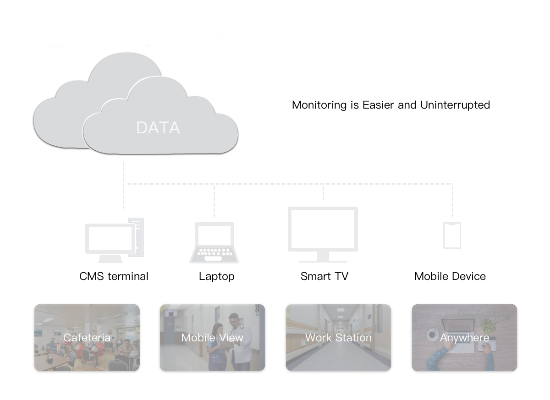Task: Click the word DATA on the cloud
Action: (158, 128)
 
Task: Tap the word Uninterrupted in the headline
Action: (455, 105)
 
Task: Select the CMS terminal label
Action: (114, 276)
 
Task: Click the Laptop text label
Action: (216, 276)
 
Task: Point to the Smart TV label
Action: (324, 276)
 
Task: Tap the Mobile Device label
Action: (450, 276)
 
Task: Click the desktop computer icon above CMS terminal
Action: (114, 241)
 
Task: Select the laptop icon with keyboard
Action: (214, 243)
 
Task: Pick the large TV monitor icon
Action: (323, 234)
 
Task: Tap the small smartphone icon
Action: (452, 236)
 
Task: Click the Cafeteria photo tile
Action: (87, 338)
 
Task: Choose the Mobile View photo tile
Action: (212, 338)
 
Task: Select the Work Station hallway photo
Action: (338, 338)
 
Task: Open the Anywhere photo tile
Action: (464, 338)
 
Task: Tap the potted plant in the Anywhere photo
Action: (489, 326)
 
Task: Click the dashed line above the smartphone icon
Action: (452, 202)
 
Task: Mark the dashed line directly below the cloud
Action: (123, 183)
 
